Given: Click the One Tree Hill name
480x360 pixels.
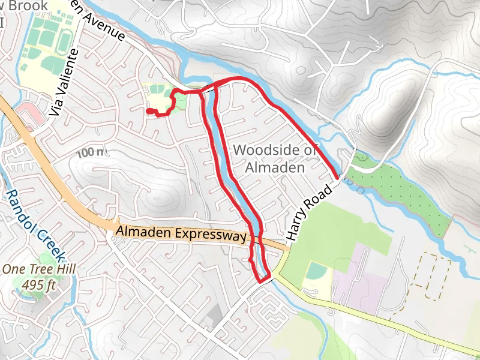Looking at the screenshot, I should click(x=38, y=269).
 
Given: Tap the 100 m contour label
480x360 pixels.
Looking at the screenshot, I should click(x=91, y=153).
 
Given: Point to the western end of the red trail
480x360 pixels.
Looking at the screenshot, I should click(x=148, y=110).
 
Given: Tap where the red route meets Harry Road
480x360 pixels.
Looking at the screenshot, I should click(x=338, y=177).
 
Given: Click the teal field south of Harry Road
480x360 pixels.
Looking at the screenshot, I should click(x=316, y=271).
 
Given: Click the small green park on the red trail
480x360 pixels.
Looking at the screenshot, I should click(x=179, y=100).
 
